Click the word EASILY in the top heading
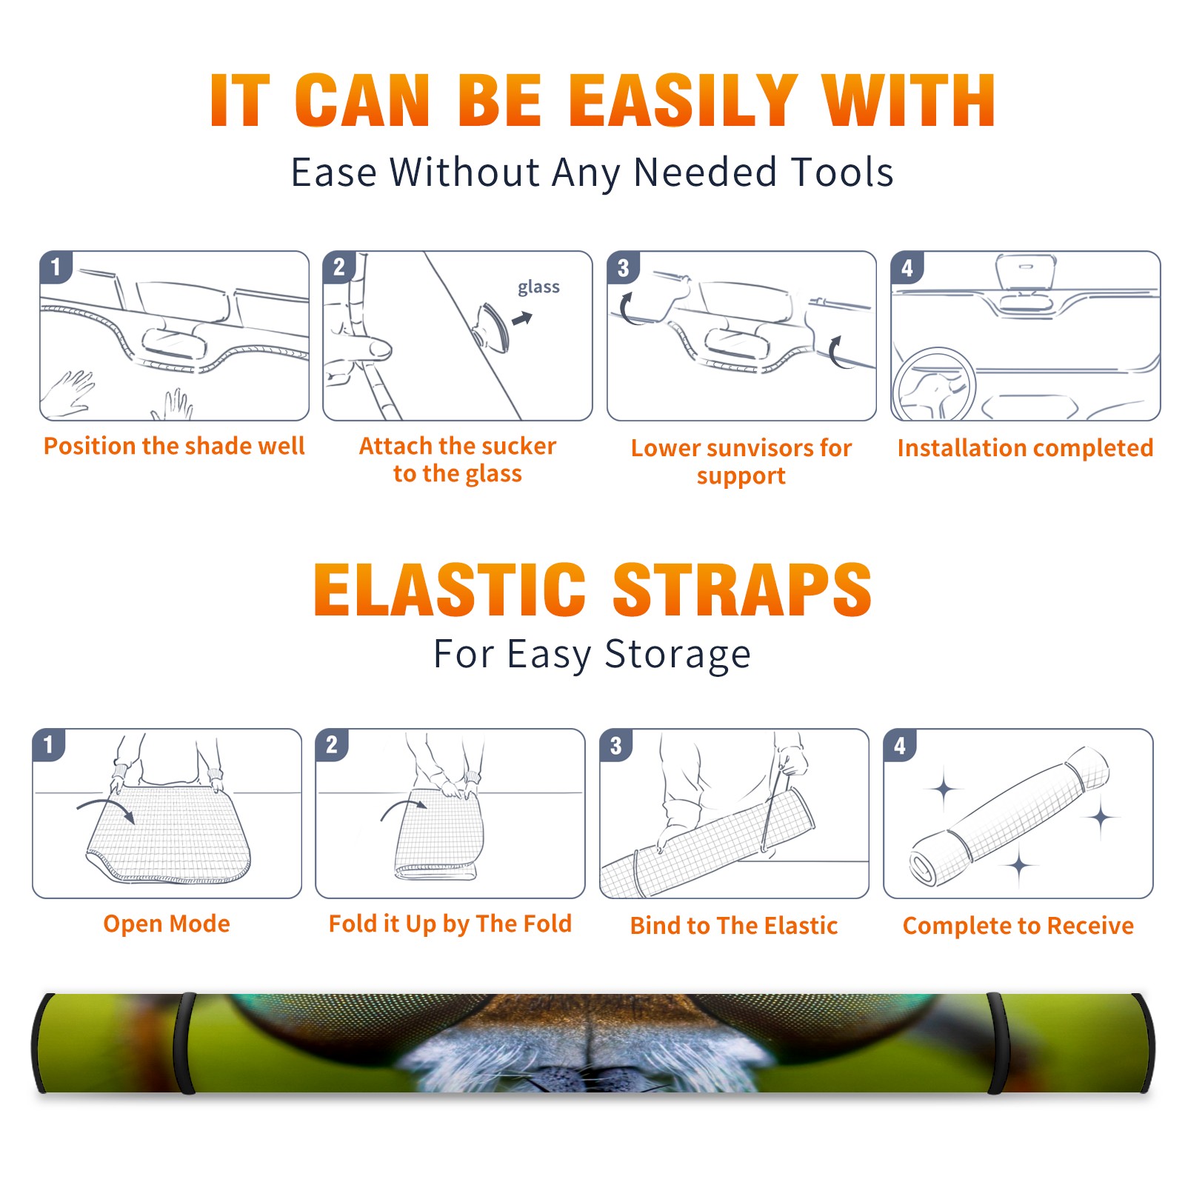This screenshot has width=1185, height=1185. tap(683, 101)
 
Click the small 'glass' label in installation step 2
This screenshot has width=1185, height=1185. tap(538, 287)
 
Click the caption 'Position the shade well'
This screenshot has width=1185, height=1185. tap(174, 446)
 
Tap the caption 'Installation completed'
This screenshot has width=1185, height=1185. tap(1025, 448)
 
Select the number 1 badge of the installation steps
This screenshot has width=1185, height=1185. tap(56, 267)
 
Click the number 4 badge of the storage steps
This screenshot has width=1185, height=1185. tap(900, 745)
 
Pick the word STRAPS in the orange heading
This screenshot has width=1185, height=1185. tap(742, 590)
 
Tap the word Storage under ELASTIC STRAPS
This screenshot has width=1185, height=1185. tap(678, 655)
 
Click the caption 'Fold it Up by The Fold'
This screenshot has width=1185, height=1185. tap(450, 924)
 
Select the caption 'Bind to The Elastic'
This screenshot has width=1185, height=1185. tap(734, 926)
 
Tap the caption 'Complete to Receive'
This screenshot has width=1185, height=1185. tap(1018, 926)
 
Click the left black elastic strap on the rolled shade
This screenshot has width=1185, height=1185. tap(184, 1044)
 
